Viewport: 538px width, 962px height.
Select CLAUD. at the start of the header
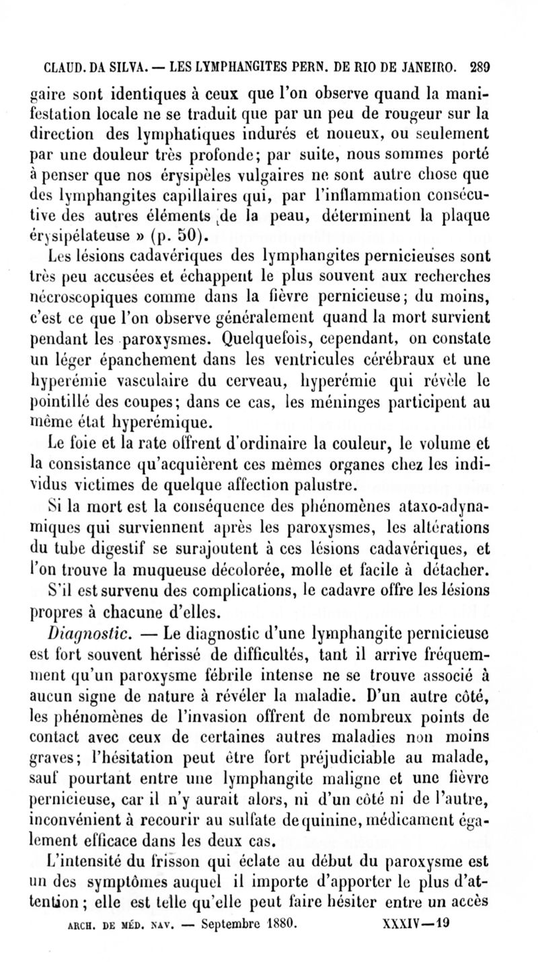(65, 68)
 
